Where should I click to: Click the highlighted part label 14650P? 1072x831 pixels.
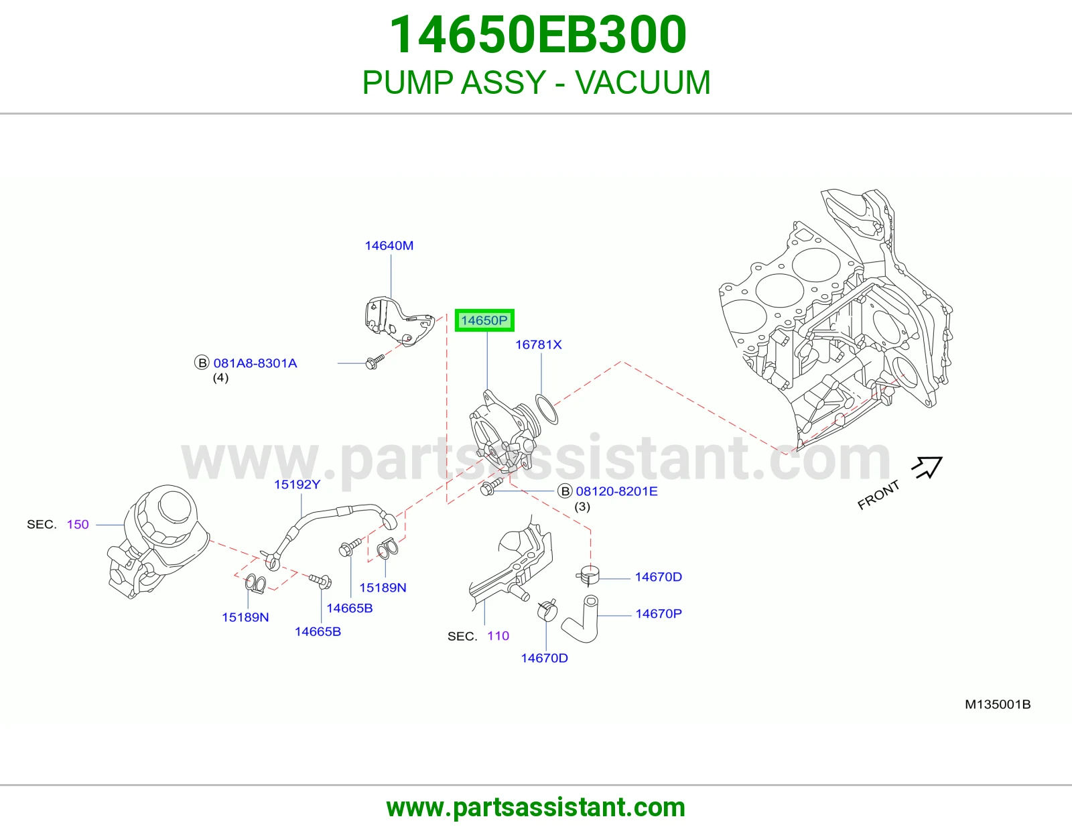[484, 320]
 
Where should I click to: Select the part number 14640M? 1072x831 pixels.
[389, 245]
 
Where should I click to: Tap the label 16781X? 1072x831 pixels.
[538, 344]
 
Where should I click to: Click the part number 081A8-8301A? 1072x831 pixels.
[255, 363]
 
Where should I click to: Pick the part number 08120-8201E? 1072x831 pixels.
[616, 491]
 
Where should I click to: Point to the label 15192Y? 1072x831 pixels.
[297, 484]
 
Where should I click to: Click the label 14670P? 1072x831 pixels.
[659, 613]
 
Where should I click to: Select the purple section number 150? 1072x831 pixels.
[78, 524]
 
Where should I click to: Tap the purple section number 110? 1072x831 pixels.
[498, 635]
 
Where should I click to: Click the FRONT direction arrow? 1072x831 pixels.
[927, 467]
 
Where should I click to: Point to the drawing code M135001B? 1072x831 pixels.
[998, 704]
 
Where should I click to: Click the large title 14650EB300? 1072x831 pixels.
[538, 34]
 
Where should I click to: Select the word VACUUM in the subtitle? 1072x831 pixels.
[643, 82]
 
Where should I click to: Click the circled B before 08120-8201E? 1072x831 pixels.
[565, 491]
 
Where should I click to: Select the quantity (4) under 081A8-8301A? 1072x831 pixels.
[220, 378]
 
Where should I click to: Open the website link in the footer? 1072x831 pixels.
[536, 808]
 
